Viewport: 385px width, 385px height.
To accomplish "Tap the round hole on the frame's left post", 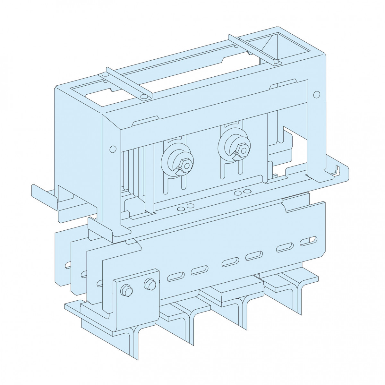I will [112, 149].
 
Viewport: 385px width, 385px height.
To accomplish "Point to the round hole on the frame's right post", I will [316, 94].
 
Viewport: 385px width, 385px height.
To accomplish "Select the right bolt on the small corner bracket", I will [149, 283].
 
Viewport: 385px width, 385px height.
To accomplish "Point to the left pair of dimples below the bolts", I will [185, 207].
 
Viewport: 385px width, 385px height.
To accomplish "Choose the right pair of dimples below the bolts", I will [242, 192].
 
